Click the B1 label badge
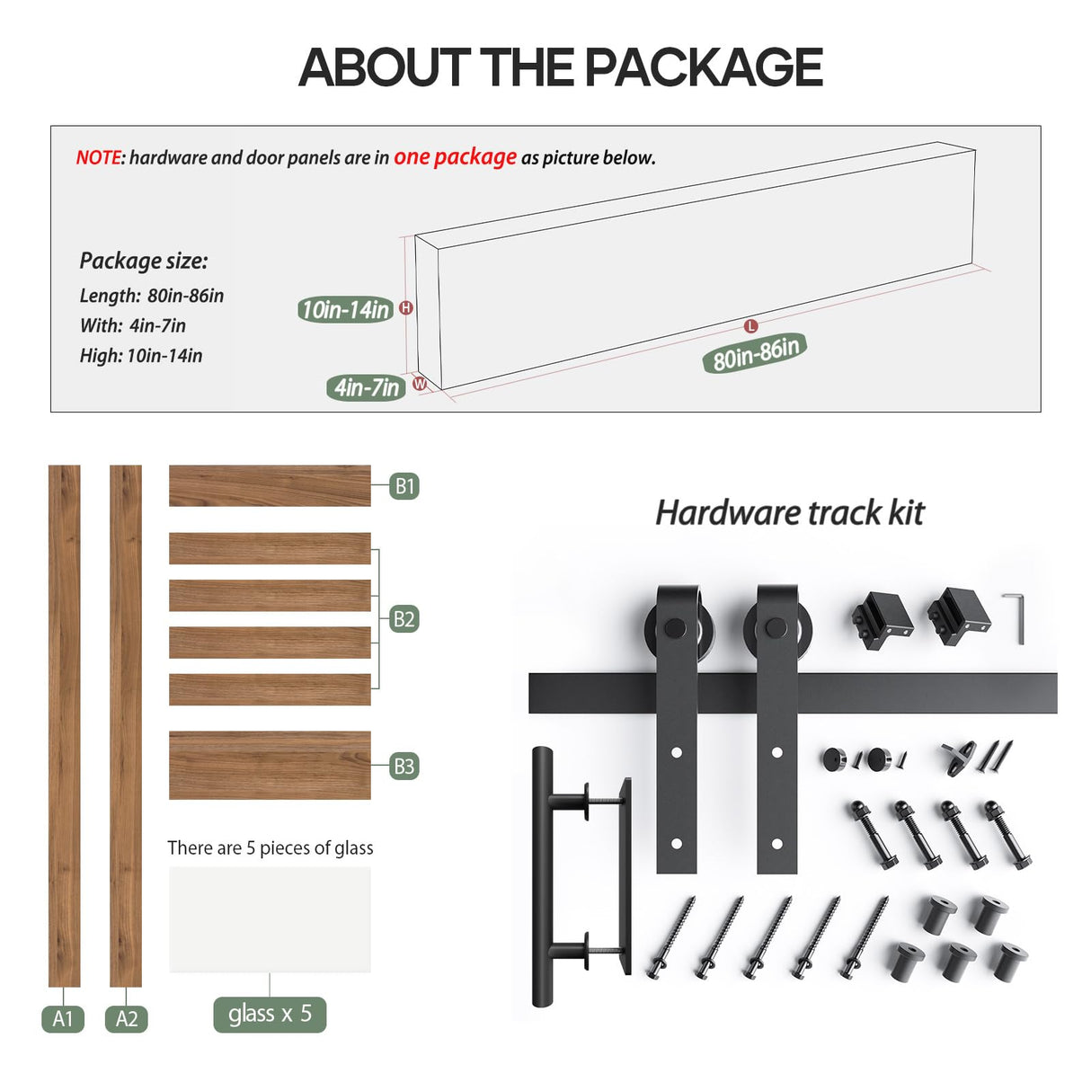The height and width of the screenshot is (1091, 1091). tap(404, 486)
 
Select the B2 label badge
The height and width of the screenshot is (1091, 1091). tap(404, 619)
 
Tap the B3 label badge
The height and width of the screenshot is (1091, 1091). tap(404, 767)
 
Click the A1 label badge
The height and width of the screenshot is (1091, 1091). tap(63, 1018)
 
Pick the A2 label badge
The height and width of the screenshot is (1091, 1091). tap(127, 1018)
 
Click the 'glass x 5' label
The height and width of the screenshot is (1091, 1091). tap(270, 1015)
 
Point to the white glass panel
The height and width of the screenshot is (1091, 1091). tap(270, 918)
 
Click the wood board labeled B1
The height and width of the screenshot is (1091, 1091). tap(270, 485)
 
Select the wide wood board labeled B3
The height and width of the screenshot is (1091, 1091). tap(270, 765)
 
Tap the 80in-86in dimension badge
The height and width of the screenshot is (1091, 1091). tap(755, 352)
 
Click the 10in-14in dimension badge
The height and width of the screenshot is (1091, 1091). tap(345, 310)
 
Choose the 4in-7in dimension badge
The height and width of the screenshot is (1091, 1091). tap(366, 388)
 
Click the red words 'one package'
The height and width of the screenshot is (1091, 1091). tap(455, 157)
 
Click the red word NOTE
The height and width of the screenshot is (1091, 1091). tap(98, 158)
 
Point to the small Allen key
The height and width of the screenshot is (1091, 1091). tap(1016, 616)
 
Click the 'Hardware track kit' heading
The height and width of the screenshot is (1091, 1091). tap(789, 513)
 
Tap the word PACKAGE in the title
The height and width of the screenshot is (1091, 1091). tap(704, 67)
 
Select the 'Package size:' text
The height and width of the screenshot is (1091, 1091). tap(144, 261)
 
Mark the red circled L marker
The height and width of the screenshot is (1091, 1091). tap(751, 326)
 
